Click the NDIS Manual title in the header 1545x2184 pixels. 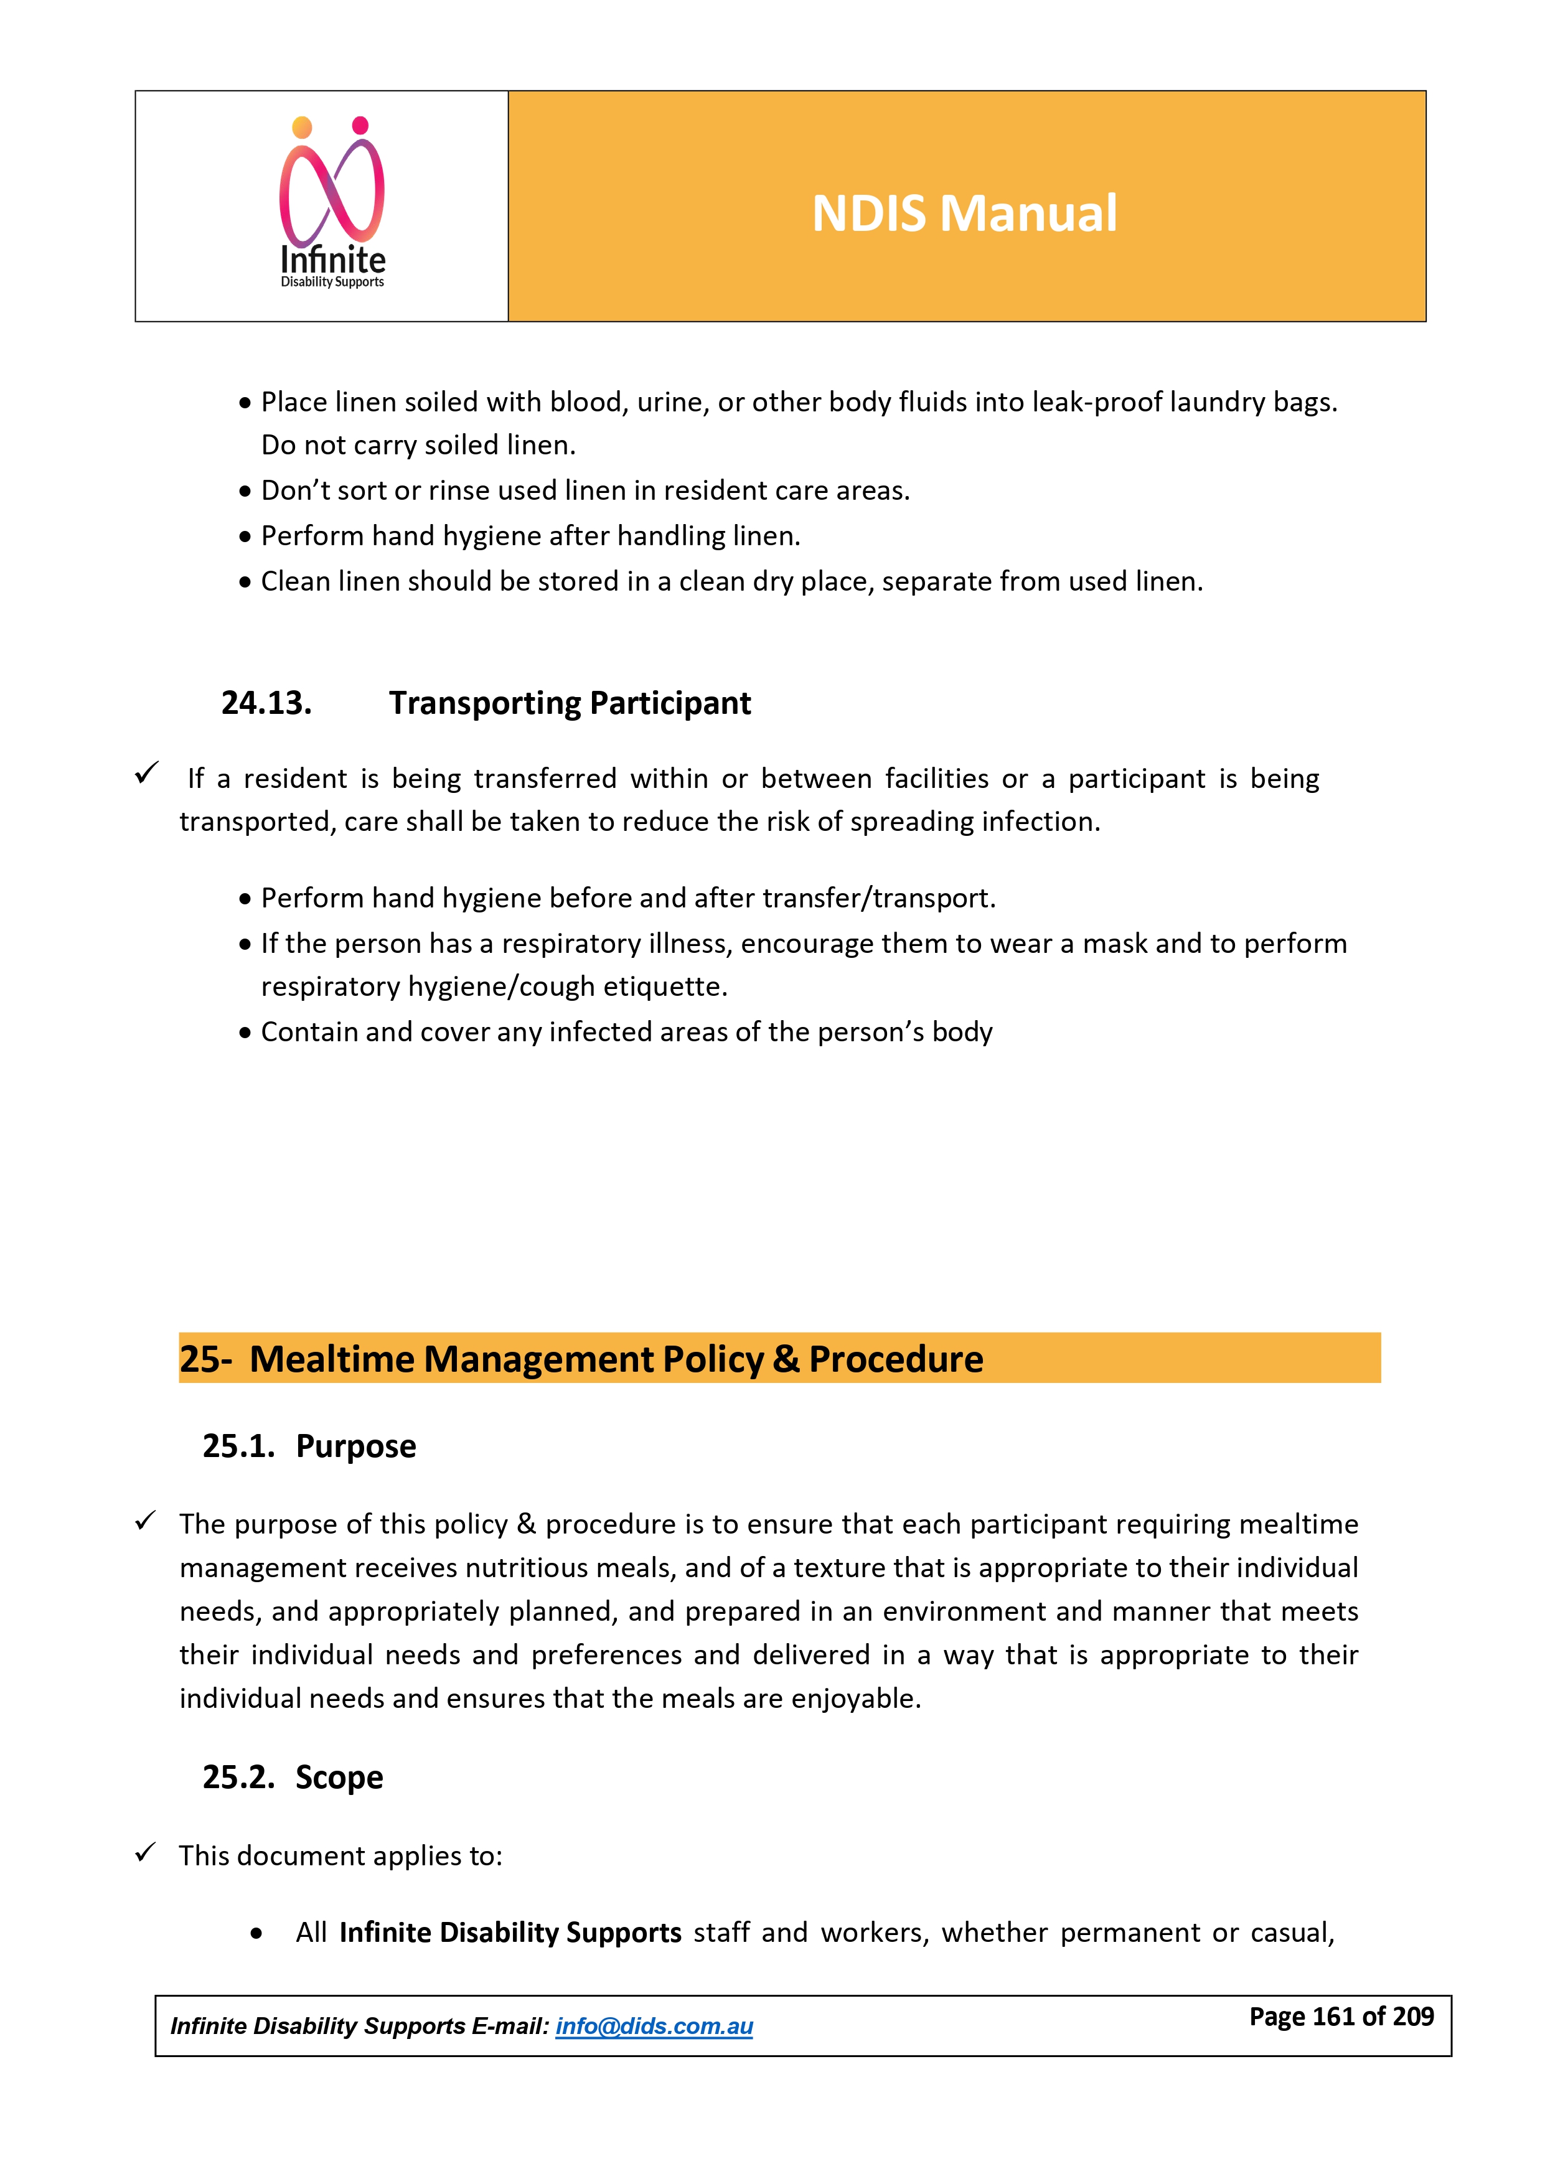(x=964, y=213)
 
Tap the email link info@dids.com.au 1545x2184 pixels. (x=654, y=2025)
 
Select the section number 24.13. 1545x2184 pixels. (x=266, y=703)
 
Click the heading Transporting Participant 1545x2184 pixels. (x=569, y=703)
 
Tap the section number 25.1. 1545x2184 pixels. (x=238, y=1446)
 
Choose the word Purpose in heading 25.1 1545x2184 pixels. (x=356, y=1446)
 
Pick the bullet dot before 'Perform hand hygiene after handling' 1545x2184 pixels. (x=245, y=537)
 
